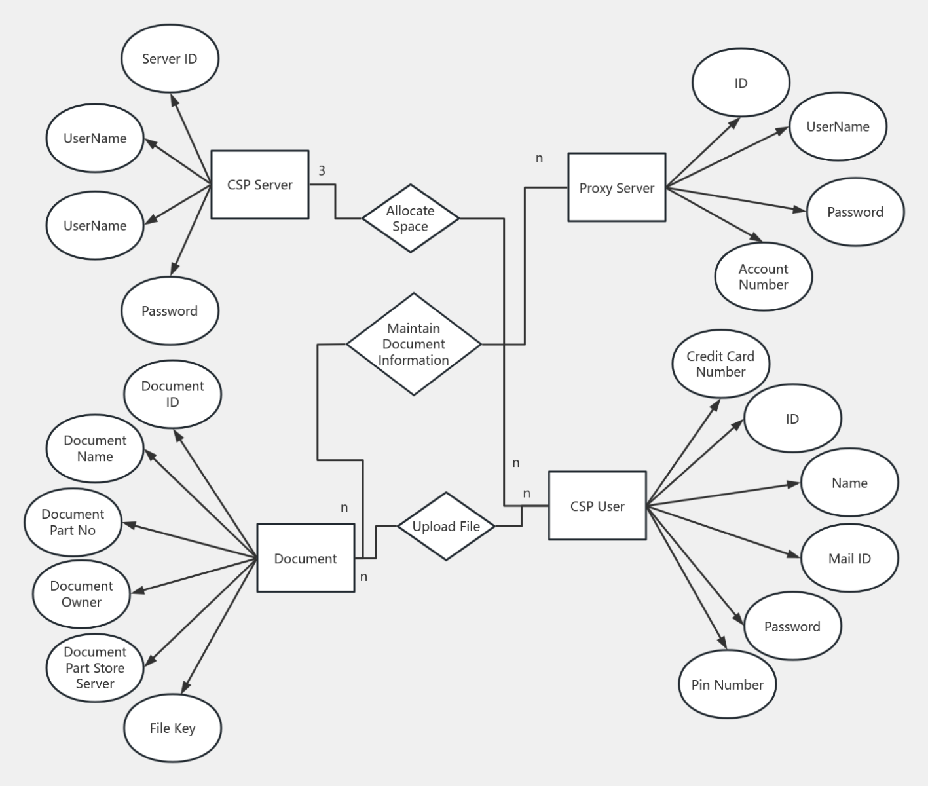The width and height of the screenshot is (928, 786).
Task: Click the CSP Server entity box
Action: click(259, 185)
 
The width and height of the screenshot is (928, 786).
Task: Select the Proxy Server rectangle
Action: click(616, 188)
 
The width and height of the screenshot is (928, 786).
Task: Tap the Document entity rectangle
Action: click(305, 558)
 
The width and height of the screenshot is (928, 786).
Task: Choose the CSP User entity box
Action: click(597, 506)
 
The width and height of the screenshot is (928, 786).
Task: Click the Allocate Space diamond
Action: click(410, 218)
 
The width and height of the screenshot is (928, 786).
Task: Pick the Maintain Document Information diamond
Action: click(413, 344)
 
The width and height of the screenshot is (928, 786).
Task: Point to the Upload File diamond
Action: click(446, 526)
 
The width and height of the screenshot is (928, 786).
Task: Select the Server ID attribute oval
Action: click(170, 59)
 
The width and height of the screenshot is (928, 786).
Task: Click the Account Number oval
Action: click(763, 276)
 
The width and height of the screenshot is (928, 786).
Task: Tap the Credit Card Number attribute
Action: click(720, 364)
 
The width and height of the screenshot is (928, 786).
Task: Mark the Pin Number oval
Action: click(727, 684)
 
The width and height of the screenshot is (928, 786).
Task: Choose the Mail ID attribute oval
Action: click(849, 558)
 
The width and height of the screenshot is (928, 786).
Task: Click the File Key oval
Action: click(172, 728)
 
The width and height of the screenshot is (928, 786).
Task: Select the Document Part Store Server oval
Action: click(95, 667)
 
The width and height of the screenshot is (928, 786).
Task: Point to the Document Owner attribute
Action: click(81, 593)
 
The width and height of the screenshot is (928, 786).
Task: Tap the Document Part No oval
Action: click(73, 522)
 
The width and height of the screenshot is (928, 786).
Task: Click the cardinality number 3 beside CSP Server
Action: click(322, 171)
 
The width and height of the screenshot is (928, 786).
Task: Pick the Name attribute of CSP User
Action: click(849, 483)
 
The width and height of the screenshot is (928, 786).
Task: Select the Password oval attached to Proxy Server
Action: click(855, 212)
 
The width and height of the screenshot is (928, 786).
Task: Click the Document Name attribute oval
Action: click(95, 448)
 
